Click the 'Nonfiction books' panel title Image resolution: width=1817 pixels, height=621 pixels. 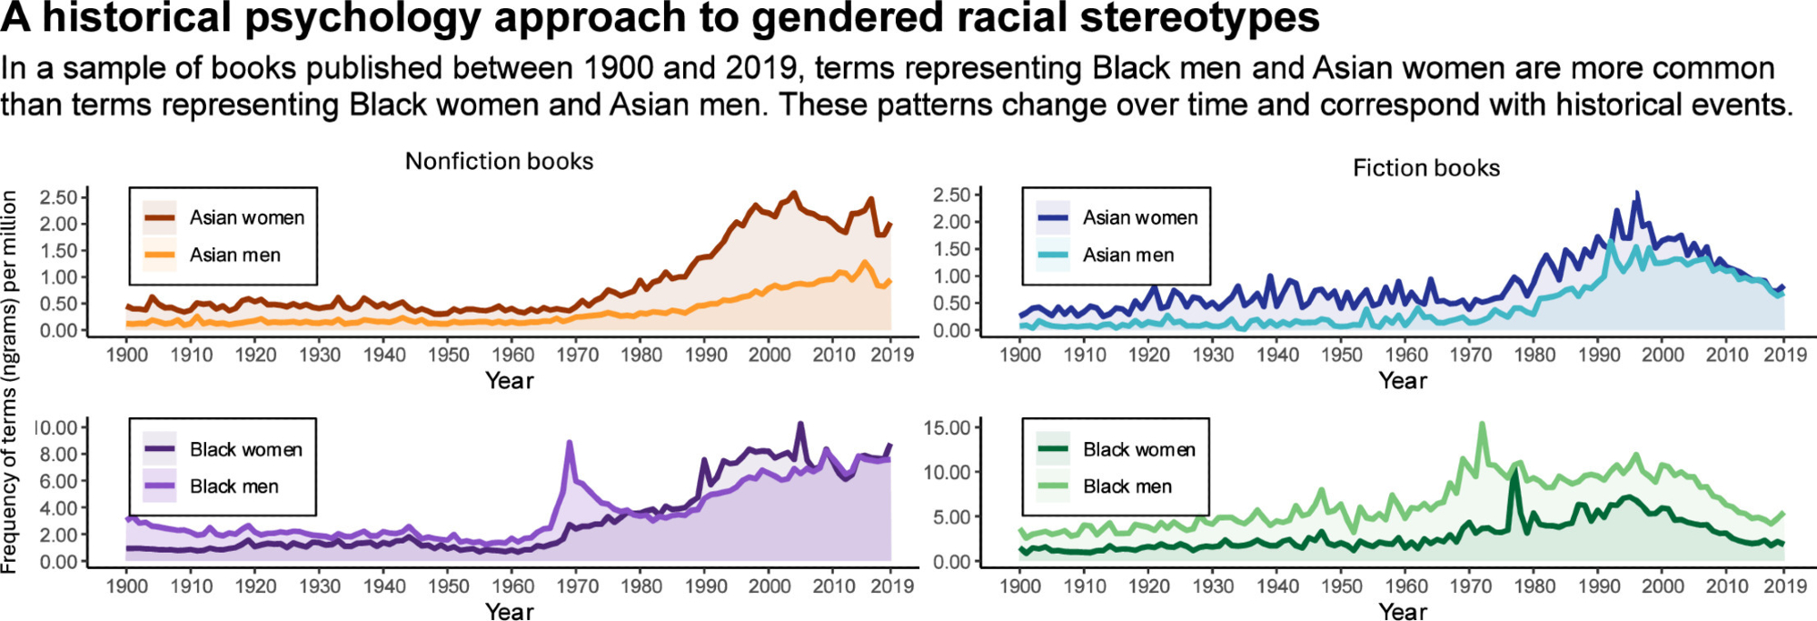499,161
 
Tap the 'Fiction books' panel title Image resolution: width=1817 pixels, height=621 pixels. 1425,167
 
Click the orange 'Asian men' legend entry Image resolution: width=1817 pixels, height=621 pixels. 234,255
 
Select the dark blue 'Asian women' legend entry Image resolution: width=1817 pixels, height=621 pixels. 1139,218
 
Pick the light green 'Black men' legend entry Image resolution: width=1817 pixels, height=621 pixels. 1127,486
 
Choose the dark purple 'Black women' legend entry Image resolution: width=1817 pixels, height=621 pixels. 245,449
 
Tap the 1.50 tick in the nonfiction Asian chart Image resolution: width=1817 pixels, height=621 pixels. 58,250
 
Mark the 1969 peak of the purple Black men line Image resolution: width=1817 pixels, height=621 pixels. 570,443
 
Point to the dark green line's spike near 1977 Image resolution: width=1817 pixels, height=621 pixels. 1514,473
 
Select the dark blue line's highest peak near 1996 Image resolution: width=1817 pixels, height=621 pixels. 1637,194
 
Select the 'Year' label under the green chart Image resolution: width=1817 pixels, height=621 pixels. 1403,611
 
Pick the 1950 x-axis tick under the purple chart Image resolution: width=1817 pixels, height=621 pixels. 449,586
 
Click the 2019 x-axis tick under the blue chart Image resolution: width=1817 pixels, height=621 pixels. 1785,355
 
